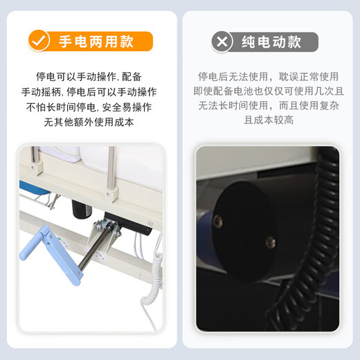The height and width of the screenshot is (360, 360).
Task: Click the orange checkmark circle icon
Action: point(40,41)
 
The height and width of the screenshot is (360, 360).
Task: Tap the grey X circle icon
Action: point(222,42)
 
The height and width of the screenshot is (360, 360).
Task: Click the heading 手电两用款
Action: point(96,42)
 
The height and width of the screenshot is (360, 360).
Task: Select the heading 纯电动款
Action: point(271,42)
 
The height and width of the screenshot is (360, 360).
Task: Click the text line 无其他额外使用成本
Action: point(89,122)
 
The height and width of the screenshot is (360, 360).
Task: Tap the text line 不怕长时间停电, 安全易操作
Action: point(89,107)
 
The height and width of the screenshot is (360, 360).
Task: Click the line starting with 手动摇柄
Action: point(89,91)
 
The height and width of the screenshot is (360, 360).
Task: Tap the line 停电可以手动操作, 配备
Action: point(89,76)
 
